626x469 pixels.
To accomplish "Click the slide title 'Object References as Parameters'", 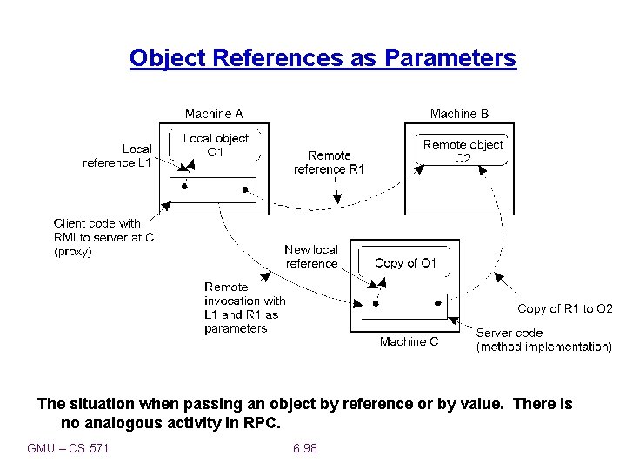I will coord(323,58).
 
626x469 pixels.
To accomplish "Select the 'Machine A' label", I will coord(214,114).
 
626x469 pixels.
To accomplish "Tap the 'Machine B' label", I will coord(459,114).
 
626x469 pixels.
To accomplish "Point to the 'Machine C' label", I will coord(409,341).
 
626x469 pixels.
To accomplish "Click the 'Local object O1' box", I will coord(216,145).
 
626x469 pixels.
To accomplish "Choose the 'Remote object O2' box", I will coord(463,151).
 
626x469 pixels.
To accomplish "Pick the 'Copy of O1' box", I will coord(405,263).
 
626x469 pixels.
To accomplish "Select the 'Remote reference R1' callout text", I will coord(329,162).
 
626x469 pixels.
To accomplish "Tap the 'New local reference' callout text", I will coord(311,256).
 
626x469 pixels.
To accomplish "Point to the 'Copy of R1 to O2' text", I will coord(564,308).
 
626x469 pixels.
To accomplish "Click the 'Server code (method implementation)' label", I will coord(543,340).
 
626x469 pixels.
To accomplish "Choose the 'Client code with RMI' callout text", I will coord(97,237).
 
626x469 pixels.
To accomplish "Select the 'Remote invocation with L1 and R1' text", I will coord(244,307).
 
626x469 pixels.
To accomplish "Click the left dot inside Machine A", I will coord(183,187).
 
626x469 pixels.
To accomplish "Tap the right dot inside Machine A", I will coord(245,188).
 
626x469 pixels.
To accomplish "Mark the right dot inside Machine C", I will coord(437,303).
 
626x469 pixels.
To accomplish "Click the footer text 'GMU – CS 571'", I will coord(68,448).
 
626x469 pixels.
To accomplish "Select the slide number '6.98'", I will coord(305,448).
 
